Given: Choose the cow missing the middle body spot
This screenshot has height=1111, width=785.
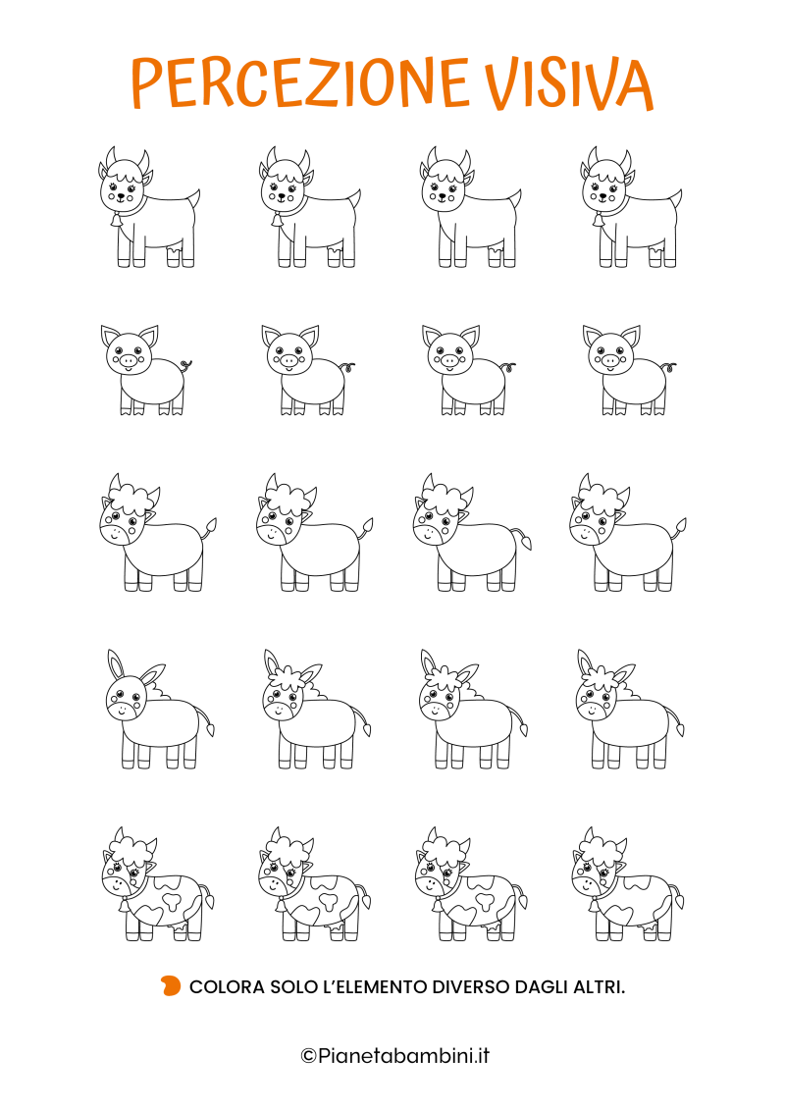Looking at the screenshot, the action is (x=628, y=884).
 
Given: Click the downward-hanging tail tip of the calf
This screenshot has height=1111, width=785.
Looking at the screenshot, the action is (x=527, y=544).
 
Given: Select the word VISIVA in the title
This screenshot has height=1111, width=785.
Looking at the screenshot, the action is (x=569, y=82).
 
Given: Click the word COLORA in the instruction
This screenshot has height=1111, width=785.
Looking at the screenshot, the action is (x=227, y=986).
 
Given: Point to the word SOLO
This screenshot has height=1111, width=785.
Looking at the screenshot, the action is (x=293, y=986).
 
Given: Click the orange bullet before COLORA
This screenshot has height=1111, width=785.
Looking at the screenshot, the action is (x=171, y=985).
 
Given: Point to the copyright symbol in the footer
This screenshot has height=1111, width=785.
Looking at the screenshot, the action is (x=308, y=1056).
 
